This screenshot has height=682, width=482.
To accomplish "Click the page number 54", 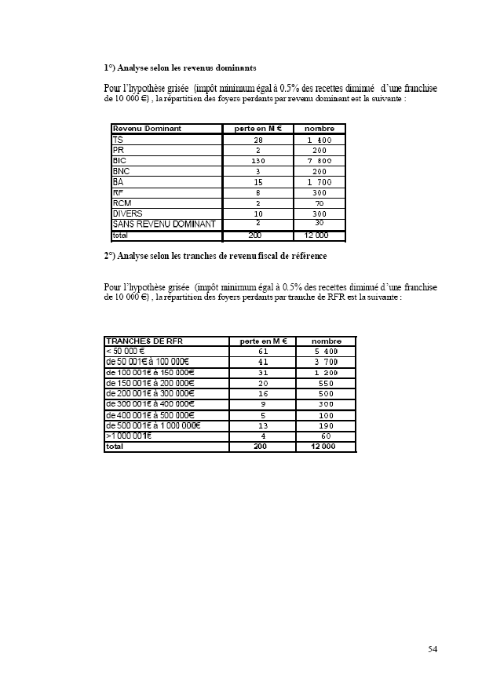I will pos(433,649).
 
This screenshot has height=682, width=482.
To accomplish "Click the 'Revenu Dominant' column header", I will pos(147,129).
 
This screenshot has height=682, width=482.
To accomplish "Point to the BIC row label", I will pos(120,160).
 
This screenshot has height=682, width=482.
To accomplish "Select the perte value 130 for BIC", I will pos(258,161).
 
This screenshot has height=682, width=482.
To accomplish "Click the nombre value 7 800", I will pos(320,161).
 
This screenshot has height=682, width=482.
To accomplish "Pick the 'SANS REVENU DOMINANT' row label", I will pos(164,224).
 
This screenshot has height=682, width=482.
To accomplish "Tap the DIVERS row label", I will pos(128,213).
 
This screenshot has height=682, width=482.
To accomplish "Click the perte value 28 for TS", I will pos(258,140).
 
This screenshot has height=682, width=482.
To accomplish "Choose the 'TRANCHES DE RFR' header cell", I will pos(139,341).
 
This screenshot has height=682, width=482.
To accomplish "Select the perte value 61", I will pos(263,352).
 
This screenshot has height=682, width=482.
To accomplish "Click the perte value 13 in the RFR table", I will pos(263,425).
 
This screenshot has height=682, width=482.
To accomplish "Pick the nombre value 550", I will pos(325,383).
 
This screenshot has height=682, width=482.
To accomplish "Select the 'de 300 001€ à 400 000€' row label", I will pos(150,404).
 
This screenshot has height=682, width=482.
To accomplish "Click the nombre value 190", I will pos(325,425).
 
